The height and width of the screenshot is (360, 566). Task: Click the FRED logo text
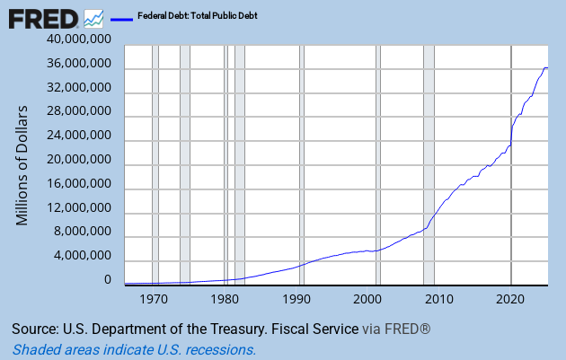43,17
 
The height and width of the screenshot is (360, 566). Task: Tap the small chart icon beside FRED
93,18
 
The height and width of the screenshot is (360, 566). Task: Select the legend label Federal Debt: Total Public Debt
198,16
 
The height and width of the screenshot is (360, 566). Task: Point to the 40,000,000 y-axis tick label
80,40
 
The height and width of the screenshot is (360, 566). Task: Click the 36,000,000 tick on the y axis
80,65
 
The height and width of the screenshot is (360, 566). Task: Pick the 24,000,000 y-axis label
80,136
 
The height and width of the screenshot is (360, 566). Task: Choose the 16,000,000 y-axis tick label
80,184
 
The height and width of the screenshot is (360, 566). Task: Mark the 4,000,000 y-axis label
84,256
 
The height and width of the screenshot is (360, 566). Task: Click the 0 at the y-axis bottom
108,280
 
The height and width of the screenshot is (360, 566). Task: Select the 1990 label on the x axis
296,298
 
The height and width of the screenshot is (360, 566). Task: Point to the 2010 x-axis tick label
439,298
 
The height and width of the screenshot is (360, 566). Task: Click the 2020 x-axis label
510,298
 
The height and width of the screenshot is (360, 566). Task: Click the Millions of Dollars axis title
23,165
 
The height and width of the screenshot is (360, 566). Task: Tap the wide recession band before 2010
429,162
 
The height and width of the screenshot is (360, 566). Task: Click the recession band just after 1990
301,162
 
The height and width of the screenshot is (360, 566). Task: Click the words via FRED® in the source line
396,329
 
